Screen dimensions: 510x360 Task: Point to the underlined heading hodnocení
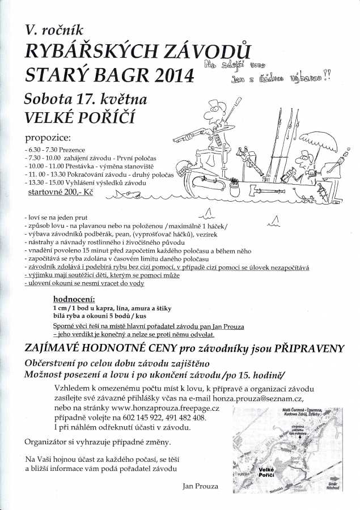[x=74, y=298]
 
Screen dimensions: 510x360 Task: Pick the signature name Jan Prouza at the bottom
[x=201, y=486]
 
